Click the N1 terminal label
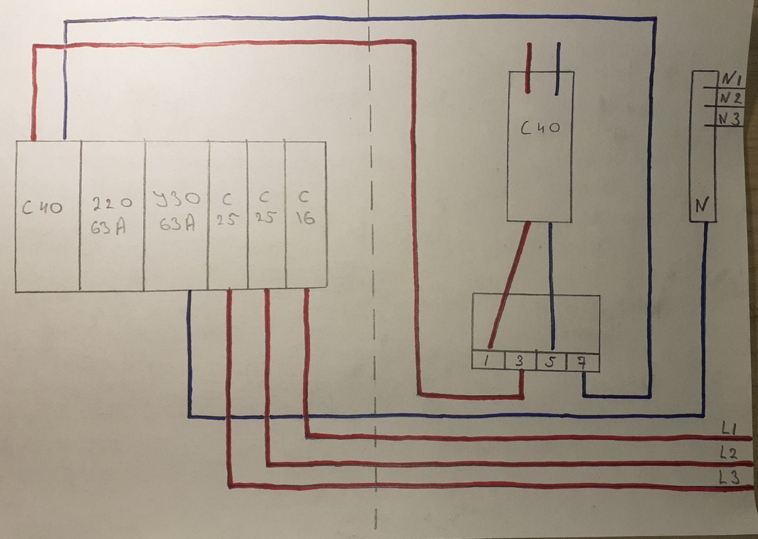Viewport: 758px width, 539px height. click(x=731, y=79)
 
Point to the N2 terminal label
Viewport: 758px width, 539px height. click(x=731, y=98)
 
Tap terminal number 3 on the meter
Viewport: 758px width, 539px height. click(x=519, y=361)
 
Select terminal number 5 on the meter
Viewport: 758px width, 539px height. click(x=551, y=362)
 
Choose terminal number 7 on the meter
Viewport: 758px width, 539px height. click(x=582, y=362)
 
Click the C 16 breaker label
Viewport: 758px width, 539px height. click(x=305, y=208)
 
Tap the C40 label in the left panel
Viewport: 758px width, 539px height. click(x=42, y=207)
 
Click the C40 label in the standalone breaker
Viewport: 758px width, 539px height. click(x=540, y=129)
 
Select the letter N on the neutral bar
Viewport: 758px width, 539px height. click(x=702, y=205)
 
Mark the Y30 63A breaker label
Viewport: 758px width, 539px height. click(x=176, y=211)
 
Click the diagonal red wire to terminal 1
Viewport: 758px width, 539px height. click(x=509, y=285)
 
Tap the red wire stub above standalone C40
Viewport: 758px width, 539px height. click(x=529, y=68)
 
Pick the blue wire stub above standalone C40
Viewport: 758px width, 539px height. click(x=558, y=68)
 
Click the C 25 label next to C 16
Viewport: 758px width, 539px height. click(x=266, y=207)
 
